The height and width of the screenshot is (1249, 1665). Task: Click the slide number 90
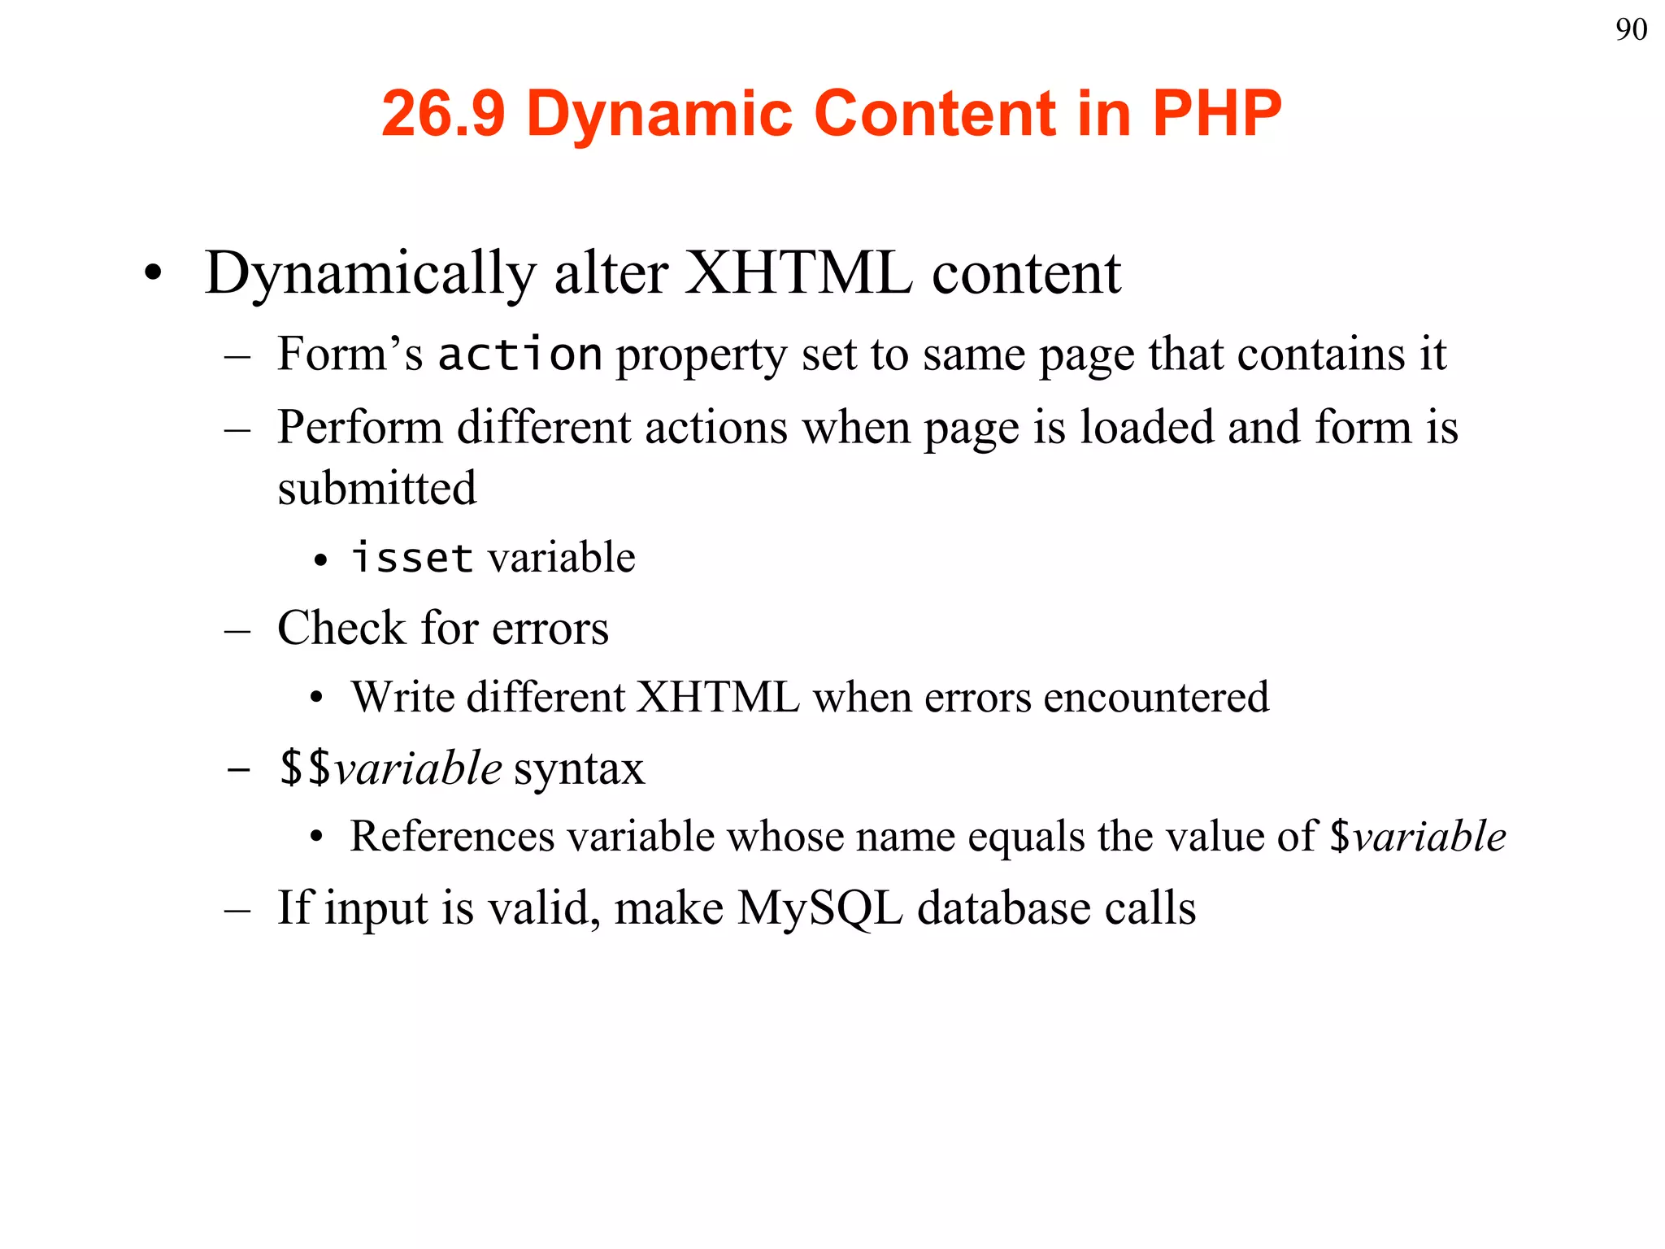pyautogui.click(x=1631, y=30)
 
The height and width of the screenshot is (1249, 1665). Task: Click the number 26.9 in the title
pyautogui.click(x=443, y=113)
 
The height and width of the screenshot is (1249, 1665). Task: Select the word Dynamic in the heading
pyautogui.click(x=659, y=113)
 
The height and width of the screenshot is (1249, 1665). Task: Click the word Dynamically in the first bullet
pyautogui.click(x=371, y=274)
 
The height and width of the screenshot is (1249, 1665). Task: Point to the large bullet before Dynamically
pyautogui.click(x=153, y=274)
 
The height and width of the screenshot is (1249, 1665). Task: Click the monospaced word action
pyautogui.click(x=519, y=355)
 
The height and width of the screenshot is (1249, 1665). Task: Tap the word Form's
pyautogui.click(x=350, y=355)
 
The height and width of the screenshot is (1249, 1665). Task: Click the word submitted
pyautogui.click(x=376, y=488)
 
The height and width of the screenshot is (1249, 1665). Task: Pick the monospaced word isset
pyautogui.click(x=412, y=558)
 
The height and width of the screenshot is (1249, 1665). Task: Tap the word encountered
pyautogui.click(x=1155, y=698)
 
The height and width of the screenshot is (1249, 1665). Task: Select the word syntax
pyautogui.click(x=579, y=768)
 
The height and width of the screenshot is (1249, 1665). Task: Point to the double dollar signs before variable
pyautogui.click(x=305, y=768)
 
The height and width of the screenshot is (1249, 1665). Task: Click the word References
pyautogui.click(x=451, y=837)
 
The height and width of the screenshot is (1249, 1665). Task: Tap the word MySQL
pyautogui.click(x=819, y=907)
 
